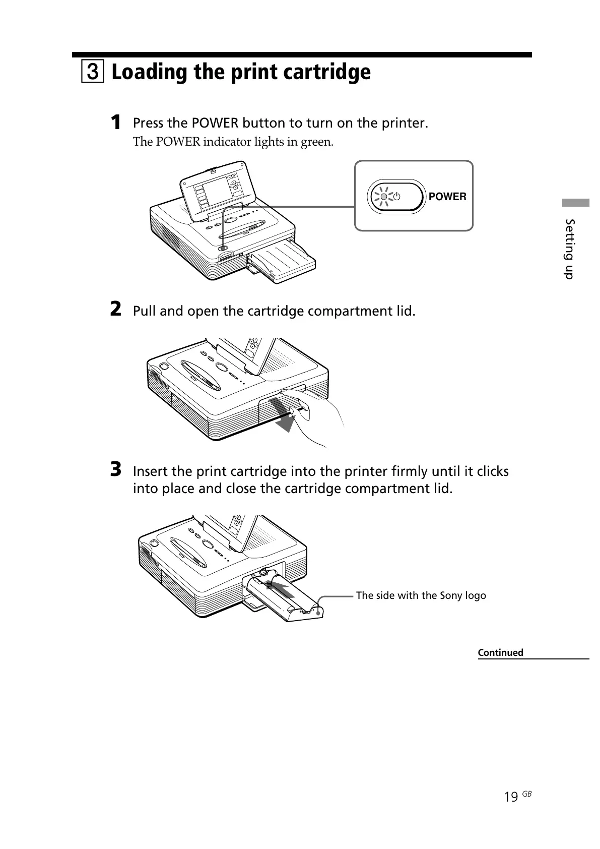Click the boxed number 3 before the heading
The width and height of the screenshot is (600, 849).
92,73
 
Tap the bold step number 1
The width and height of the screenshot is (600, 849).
116,122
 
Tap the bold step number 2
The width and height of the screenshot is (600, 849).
116,310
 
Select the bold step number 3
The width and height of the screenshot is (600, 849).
116,470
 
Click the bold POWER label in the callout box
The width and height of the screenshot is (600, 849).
447,197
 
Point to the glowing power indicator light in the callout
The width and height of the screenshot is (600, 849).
384,197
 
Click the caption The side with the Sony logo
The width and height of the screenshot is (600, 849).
421,595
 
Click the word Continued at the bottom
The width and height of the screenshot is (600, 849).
500,652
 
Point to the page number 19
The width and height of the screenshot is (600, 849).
511,797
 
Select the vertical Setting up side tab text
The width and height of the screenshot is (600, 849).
569,249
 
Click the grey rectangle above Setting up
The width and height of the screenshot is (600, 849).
576,203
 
